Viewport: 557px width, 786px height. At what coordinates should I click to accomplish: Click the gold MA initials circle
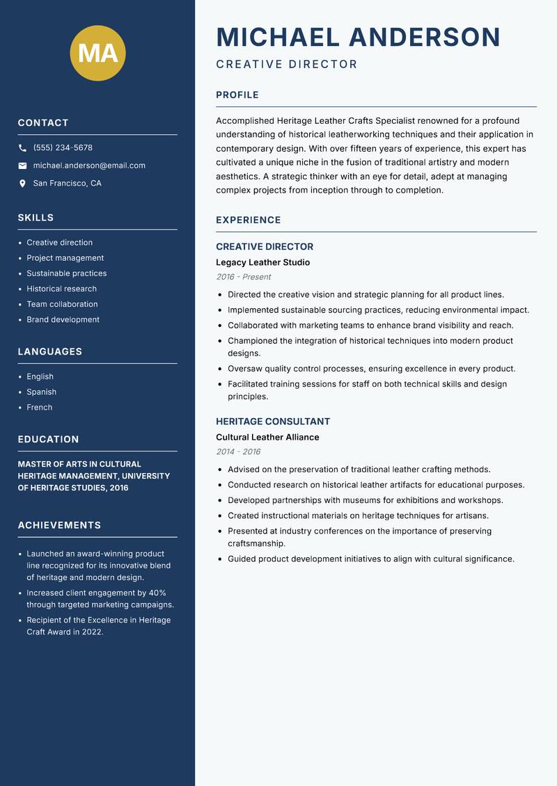[98, 53]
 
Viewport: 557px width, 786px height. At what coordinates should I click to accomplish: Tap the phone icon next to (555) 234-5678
[22, 148]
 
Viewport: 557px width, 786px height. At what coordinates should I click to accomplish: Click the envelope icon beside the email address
[22, 166]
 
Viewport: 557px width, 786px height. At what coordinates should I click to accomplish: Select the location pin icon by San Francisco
[22, 184]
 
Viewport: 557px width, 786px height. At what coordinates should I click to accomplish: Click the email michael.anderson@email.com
[89, 166]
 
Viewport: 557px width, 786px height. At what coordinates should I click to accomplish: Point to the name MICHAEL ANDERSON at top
[359, 37]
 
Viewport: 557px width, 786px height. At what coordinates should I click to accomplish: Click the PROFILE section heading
[237, 95]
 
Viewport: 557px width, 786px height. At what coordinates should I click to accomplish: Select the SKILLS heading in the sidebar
[36, 218]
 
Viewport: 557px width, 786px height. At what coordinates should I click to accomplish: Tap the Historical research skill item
[61, 289]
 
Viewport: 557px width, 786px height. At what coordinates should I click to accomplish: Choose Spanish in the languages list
[41, 392]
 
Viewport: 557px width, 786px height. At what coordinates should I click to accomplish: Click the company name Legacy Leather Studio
[262, 262]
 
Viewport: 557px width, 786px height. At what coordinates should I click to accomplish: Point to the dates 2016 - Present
[243, 277]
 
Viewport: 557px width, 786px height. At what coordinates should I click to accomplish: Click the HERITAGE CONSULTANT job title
[273, 422]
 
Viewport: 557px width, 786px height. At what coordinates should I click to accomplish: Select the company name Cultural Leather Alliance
[267, 437]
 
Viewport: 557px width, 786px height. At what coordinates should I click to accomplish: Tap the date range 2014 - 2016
[238, 451]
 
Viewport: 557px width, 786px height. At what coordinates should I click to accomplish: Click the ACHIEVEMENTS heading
[59, 525]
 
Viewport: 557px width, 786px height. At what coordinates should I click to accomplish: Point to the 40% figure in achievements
[157, 593]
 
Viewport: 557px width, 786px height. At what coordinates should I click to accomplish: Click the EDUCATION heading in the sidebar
[48, 440]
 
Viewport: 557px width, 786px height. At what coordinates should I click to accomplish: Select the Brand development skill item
[63, 319]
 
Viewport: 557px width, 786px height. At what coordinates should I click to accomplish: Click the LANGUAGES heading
[50, 352]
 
